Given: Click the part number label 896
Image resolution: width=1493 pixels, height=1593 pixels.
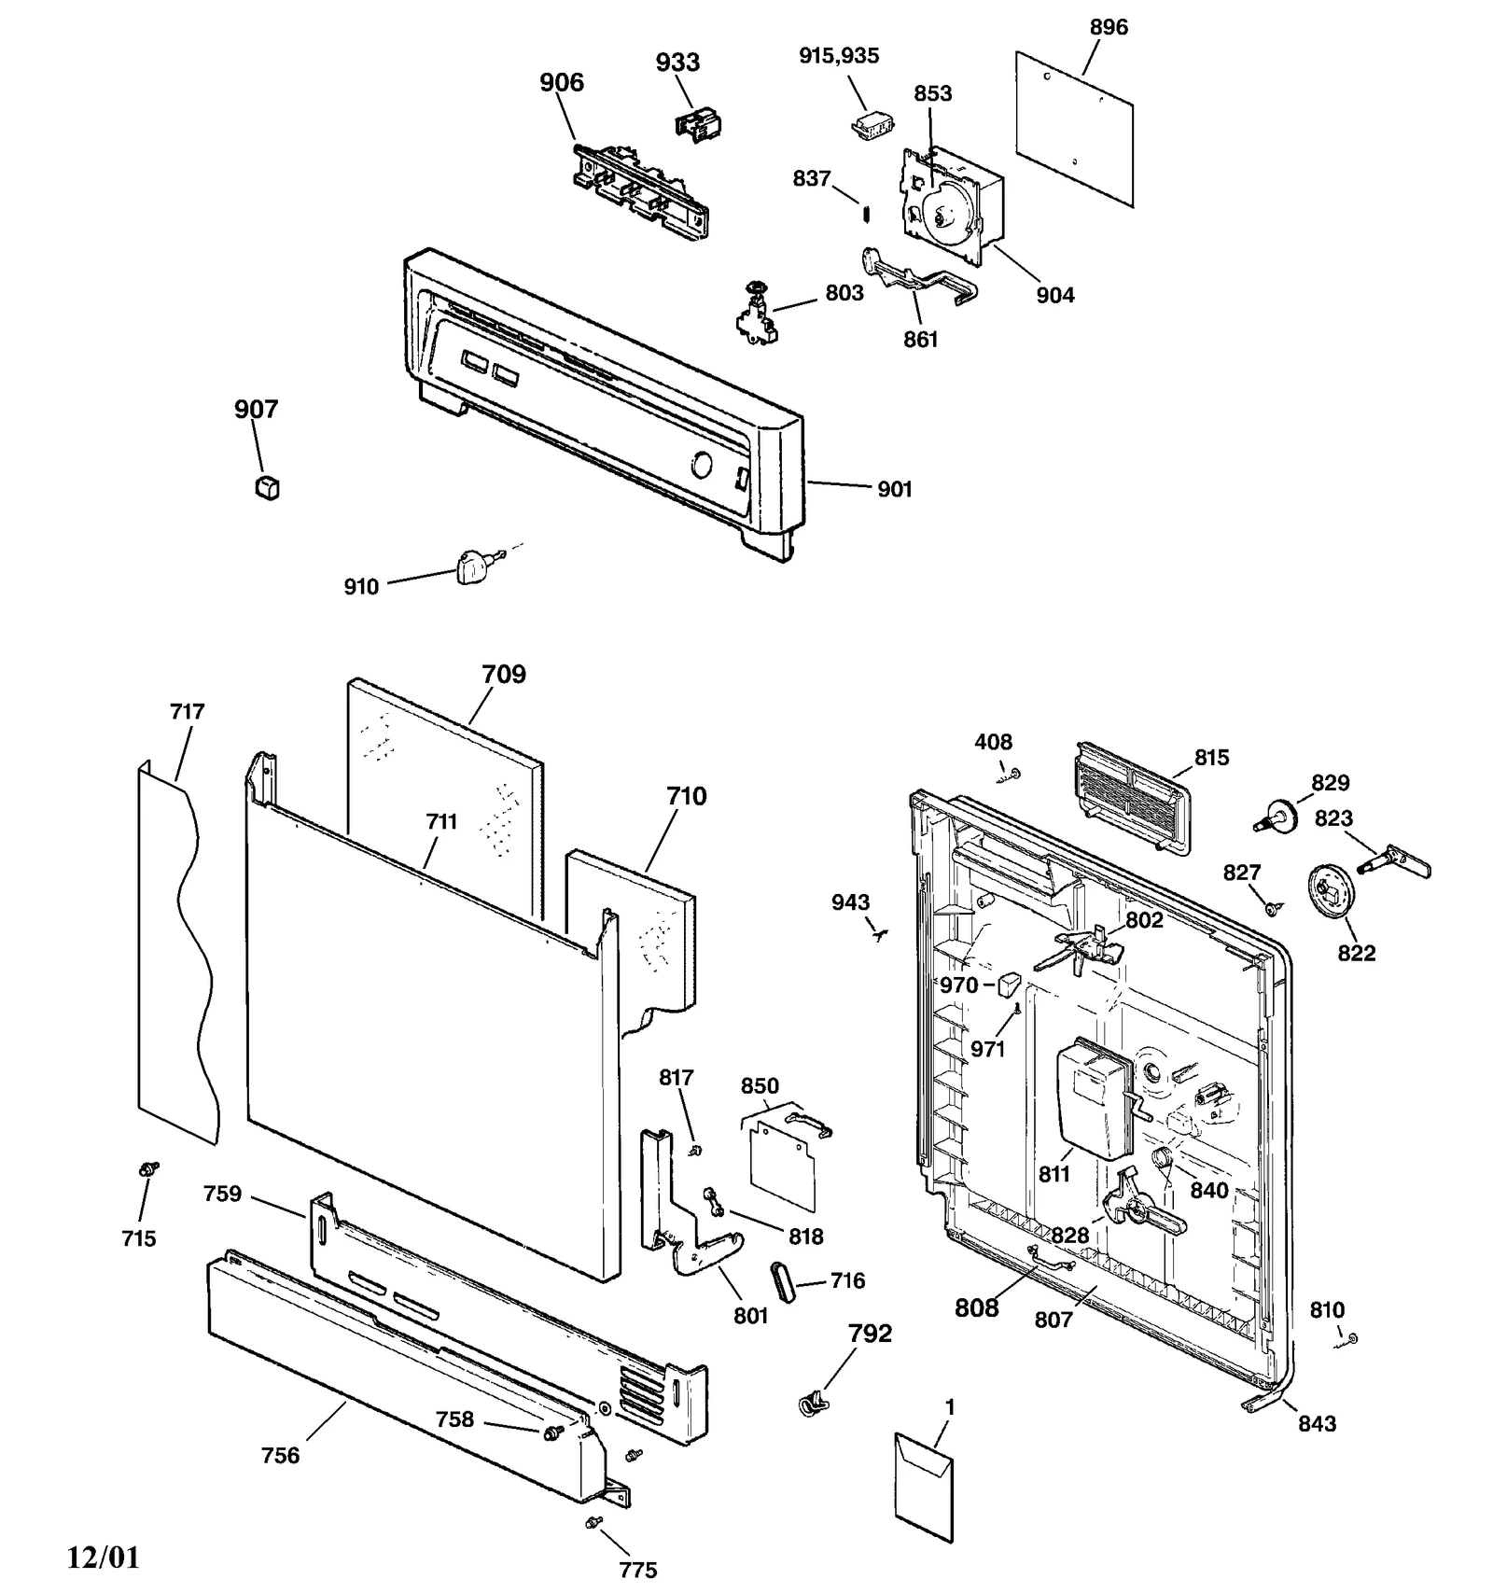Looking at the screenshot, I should point(1109,28).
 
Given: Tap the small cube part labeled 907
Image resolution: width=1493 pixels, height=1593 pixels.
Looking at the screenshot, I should point(267,487).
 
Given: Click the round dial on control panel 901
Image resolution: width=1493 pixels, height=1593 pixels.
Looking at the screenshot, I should point(702,465).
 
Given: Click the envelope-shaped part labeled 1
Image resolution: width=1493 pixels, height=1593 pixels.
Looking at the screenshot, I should point(924,1486).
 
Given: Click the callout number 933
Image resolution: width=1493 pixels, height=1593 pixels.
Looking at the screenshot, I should point(677,63).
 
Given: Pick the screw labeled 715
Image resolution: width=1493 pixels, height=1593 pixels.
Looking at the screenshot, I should point(147,1168).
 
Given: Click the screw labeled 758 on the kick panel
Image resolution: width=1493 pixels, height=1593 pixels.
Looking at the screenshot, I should point(552,1431).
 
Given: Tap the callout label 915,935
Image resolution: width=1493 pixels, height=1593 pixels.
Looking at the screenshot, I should point(839,56).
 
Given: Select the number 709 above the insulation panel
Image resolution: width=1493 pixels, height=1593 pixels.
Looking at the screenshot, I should point(504,674).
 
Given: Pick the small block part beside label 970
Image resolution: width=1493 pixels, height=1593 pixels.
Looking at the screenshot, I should point(1010,985).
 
